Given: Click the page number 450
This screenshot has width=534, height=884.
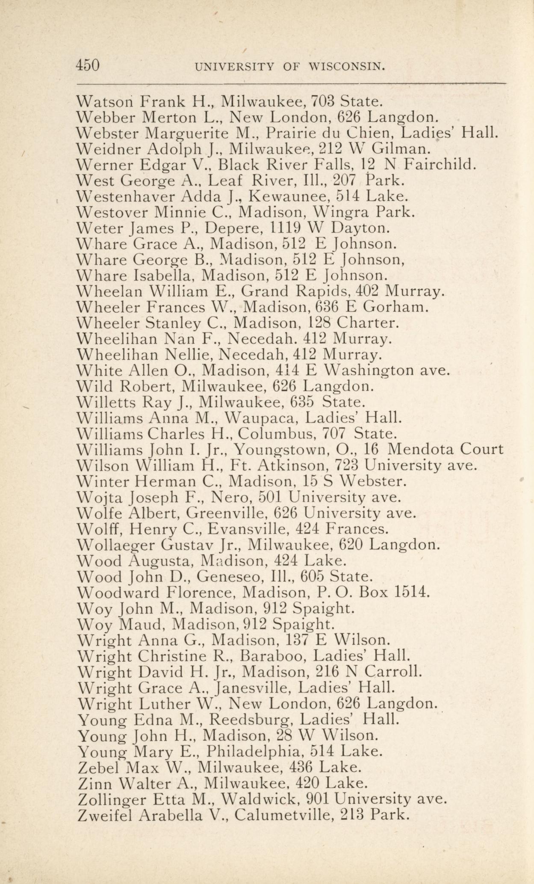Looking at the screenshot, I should [x=88, y=65].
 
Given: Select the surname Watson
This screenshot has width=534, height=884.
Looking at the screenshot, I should [x=105, y=102].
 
